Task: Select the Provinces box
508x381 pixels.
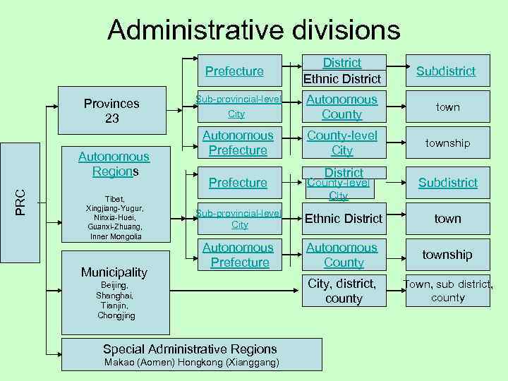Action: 111,111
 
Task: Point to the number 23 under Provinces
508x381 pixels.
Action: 111,119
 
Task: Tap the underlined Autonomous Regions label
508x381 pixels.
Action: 114,164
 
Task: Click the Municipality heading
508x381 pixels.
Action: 114,272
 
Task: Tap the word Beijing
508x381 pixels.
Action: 114,284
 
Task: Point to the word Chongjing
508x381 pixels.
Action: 116,315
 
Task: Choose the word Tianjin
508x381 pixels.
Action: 114,305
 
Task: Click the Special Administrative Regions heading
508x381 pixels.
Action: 190,349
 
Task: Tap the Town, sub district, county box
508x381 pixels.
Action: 448,291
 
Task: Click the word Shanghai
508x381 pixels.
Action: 114,295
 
